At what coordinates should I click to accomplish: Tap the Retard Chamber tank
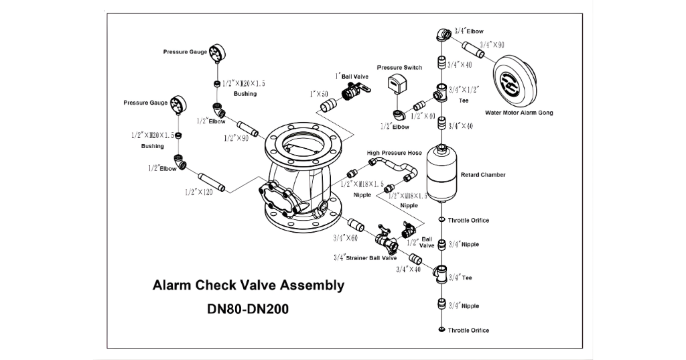(x=441, y=173)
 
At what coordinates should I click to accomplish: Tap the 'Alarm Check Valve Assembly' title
(x=249, y=286)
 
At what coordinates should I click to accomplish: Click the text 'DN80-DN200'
(x=249, y=311)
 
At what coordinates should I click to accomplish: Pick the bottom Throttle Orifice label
(x=468, y=331)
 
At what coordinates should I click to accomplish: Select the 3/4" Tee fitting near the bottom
(x=442, y=274)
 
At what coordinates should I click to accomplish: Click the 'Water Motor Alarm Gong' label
(x=519, y=113)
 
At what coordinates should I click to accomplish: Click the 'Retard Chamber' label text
(x=483, y=175)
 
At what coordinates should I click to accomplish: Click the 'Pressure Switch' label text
(x=399, y=67)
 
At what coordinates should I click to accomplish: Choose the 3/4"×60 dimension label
(x=345, y=237)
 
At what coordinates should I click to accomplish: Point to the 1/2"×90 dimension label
(x=235, y=137)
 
